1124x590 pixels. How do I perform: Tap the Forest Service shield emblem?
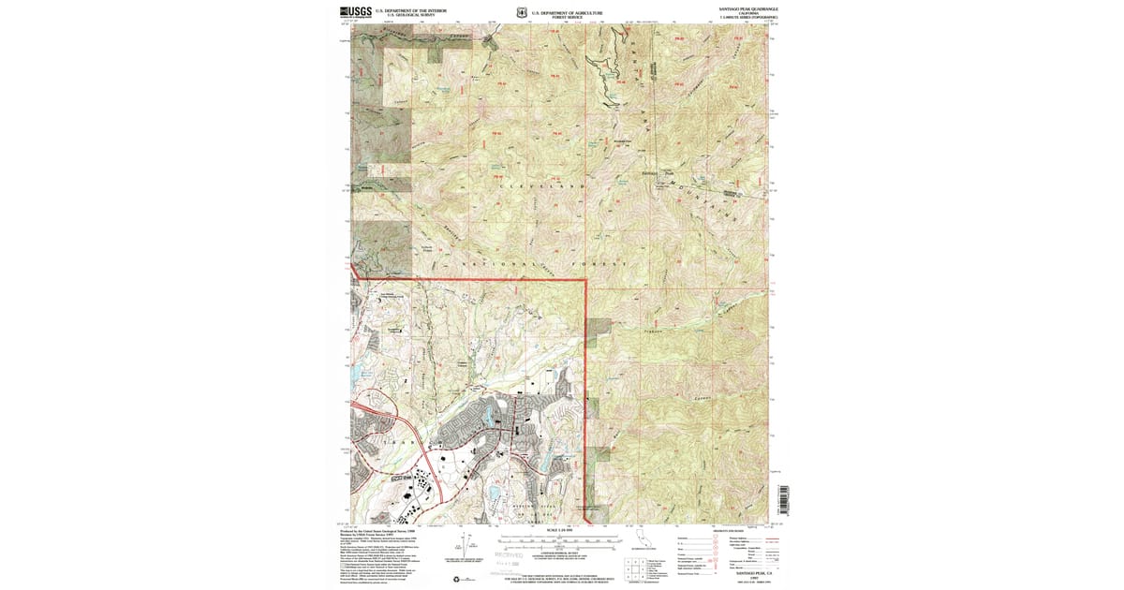coord(521,13)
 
